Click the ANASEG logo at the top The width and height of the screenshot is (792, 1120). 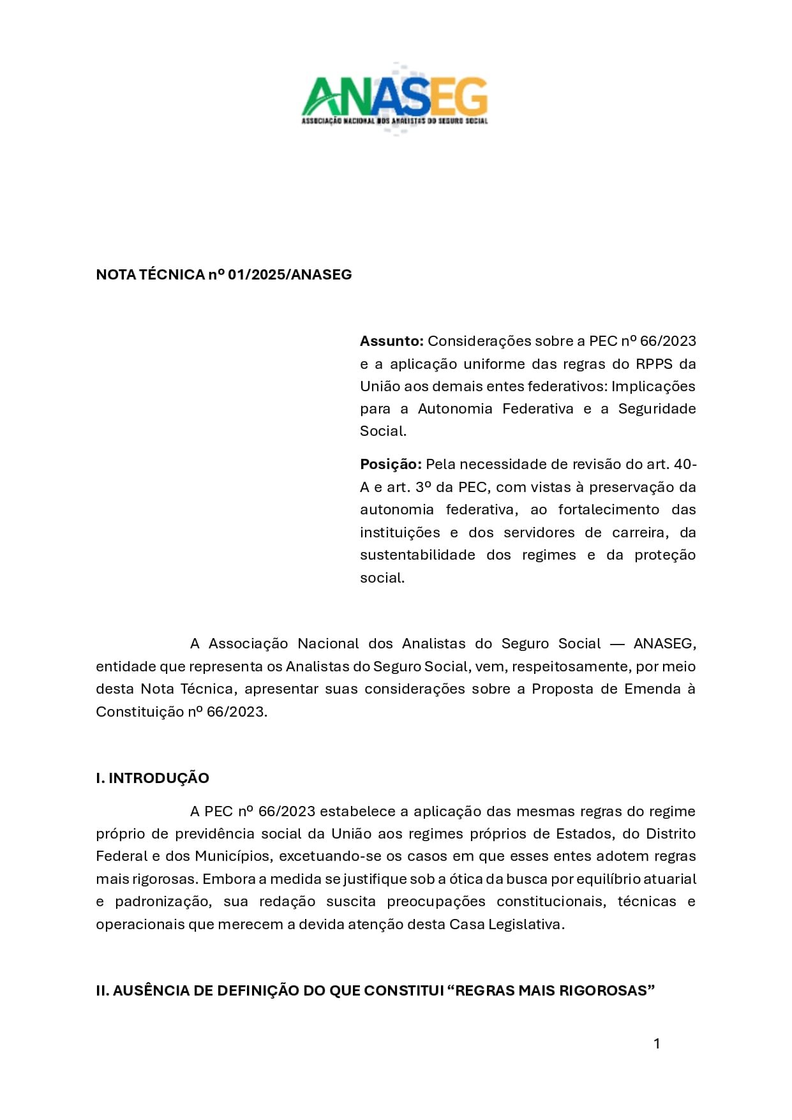[394, 99]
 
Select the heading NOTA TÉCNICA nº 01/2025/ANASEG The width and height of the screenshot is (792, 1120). [223, 274]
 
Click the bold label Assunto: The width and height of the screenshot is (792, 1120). [391, 341]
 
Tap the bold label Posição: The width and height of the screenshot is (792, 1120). [391, 464]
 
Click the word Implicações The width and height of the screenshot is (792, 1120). [653, 386]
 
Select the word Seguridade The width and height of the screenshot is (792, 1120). [657, 408]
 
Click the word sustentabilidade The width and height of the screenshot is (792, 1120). [417, 555]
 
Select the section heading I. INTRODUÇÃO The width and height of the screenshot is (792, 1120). [153, 778]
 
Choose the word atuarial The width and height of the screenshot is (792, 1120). [668, 879]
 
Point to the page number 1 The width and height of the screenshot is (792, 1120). [657, 1043]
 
